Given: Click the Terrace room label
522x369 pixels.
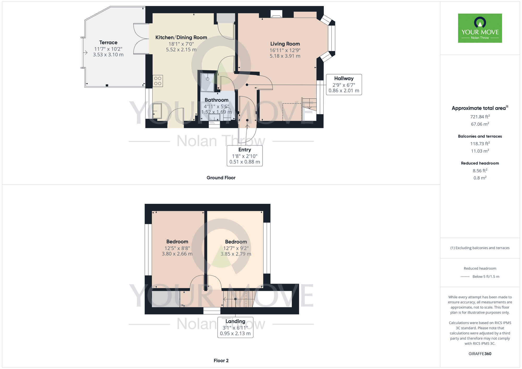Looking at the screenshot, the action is pos(108,43).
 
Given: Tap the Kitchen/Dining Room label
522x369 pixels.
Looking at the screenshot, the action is pos(181,37).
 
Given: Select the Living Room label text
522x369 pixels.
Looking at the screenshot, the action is pos(285,44).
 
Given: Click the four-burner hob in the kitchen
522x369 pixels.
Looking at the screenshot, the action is pos(158,81).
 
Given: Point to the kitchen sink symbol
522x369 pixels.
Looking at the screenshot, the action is pos(157,111).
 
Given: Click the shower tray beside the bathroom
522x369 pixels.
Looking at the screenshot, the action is pos(207,82).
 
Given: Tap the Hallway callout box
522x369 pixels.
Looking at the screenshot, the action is pos(344,85).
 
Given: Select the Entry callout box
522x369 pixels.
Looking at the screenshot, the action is pos(245,156).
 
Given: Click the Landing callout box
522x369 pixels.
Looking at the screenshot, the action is pos(235,328).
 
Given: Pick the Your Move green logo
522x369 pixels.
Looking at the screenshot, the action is pos(480,28).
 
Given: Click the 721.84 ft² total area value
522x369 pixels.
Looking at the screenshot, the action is pos(480,117).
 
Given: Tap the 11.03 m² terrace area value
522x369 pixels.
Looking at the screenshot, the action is pos(480,151).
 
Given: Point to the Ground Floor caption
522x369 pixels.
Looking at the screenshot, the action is pos(221,178).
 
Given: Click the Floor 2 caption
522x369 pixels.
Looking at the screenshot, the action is pos(221,361).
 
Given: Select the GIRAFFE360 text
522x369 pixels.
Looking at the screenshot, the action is pos(480,354).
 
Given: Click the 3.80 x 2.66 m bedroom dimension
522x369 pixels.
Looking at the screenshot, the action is pos(177,254).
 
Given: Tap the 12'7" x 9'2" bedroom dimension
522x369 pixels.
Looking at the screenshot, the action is pos(236,248).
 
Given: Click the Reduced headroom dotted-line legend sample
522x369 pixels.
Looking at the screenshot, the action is pos(465,277).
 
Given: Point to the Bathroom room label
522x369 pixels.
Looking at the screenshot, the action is pos(217,100).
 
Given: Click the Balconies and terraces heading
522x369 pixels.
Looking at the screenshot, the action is pos(480,136).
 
